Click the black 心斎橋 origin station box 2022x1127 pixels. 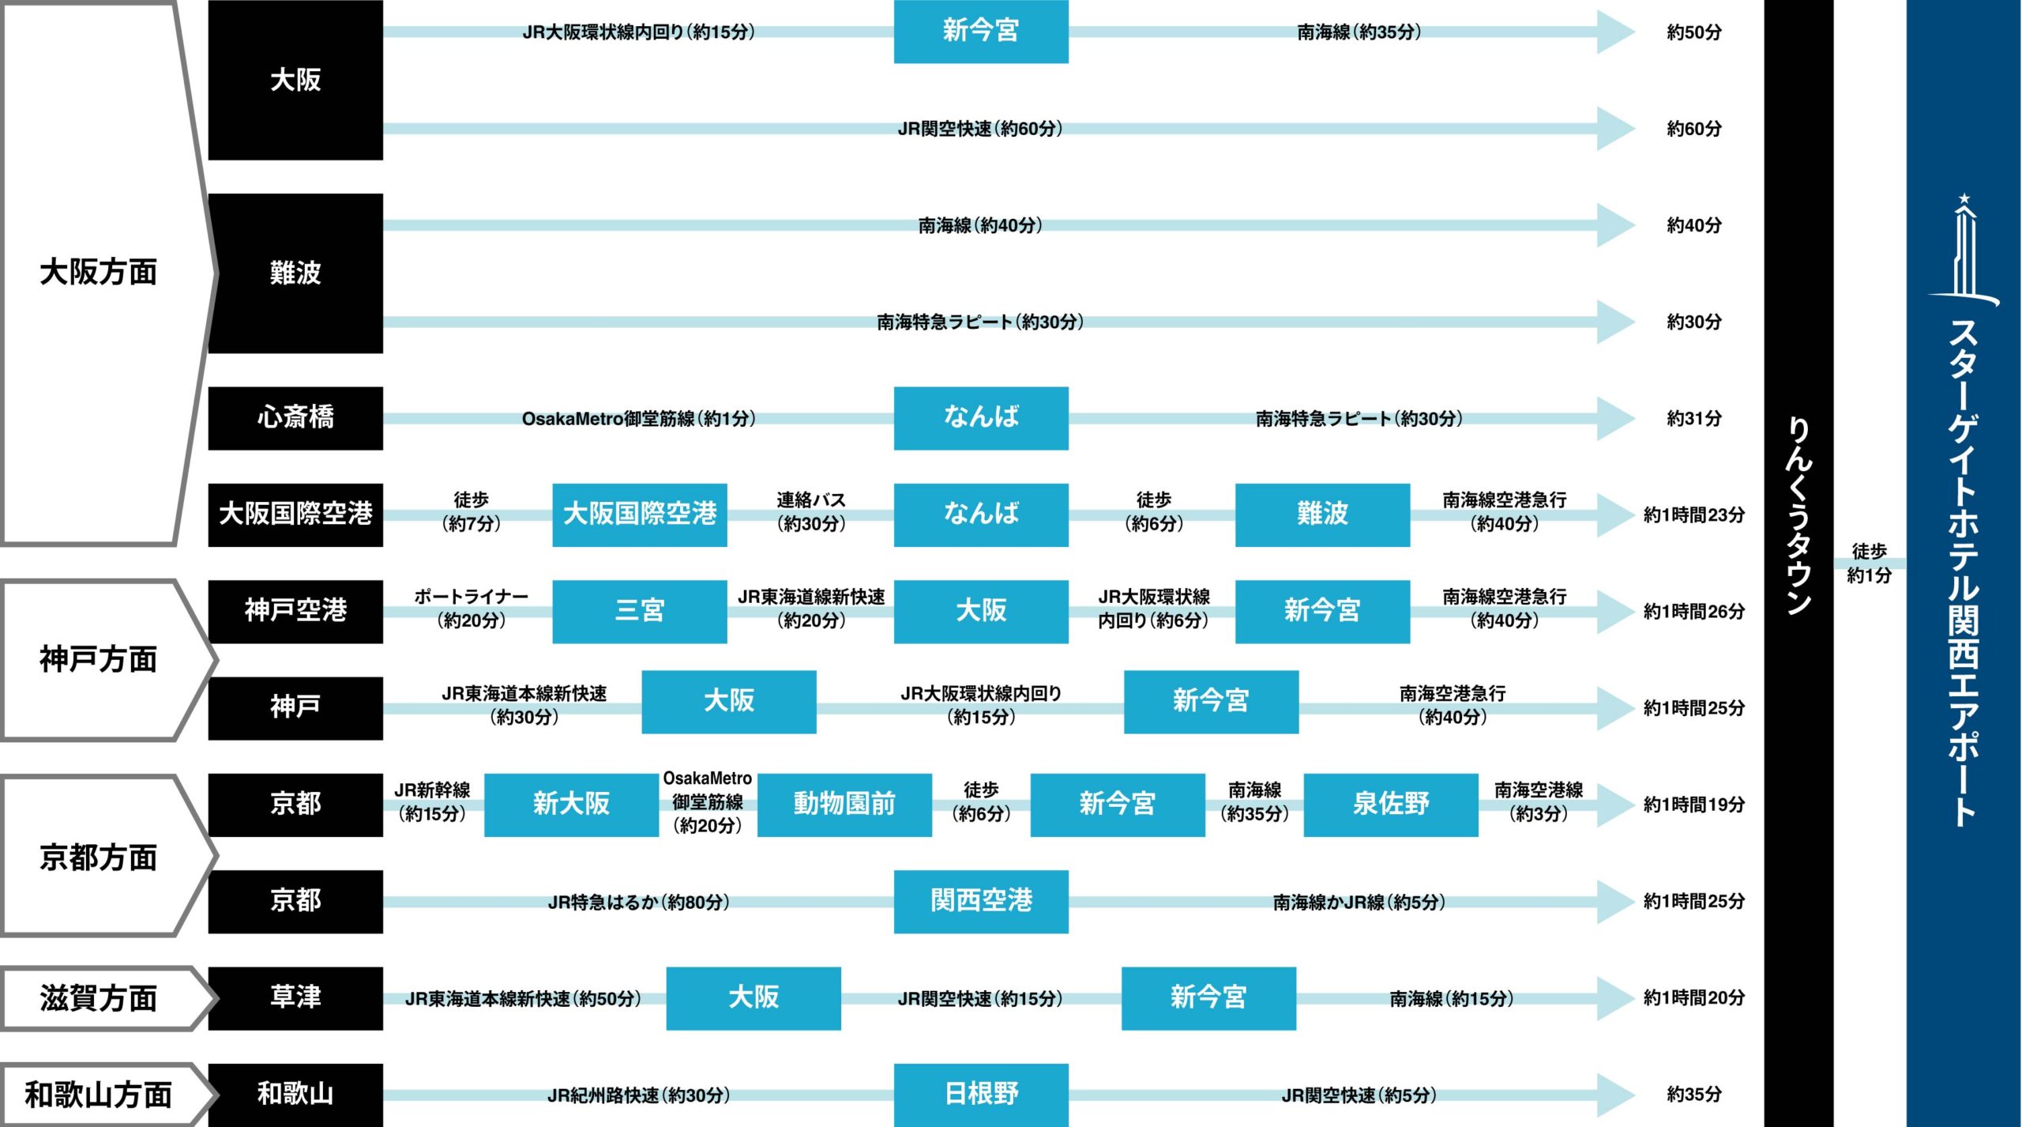[x=295, y=418]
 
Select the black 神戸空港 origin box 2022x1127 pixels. [x=295, y=611]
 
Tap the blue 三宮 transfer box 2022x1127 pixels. [x=639, y=611]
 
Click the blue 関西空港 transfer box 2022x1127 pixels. [x=981, y=901]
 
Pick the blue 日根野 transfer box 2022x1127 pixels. [x=981, y=1095]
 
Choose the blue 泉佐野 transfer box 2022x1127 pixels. [x=1391, y=805]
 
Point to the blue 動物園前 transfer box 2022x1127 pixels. [x=844, y=805]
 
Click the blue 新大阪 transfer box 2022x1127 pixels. [x=571, y=805]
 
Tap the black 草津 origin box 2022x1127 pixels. [x=295, y=998]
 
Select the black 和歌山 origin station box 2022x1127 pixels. [x=295, y=1095]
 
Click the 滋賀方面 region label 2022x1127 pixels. [x=98, y=998]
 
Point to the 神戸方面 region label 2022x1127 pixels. [x=98, y=659]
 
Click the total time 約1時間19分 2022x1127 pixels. [x=1694, y=805]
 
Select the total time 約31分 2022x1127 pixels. [x=1694, y=418]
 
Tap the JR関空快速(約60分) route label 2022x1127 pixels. [x=980, y=129]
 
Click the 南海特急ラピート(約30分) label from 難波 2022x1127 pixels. [x=980, y=322]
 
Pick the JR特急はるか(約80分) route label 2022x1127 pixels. [x=639, y=902]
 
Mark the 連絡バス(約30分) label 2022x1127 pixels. [x=811, y=512]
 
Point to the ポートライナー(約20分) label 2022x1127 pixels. [x=472, y=609]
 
